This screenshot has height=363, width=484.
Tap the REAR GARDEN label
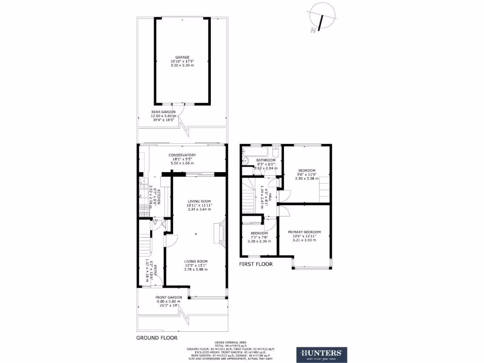click(x=163, y=112)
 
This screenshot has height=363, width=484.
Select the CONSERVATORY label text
click(x=182, y=155)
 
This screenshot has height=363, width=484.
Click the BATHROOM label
click(x=266, y=160)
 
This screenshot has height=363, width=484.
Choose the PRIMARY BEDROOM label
click(x=304, y=232)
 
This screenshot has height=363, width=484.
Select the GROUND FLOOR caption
click(x=157, y=338)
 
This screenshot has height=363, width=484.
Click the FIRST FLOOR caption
click(x=256, y=264)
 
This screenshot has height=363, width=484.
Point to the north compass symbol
click(x=320, y=19)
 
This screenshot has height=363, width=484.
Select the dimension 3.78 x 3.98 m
click(x=196, y=269)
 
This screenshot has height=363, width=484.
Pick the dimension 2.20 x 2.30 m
click(x=259, y=241)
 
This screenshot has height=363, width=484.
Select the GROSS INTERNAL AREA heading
click(x=230, y=342)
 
